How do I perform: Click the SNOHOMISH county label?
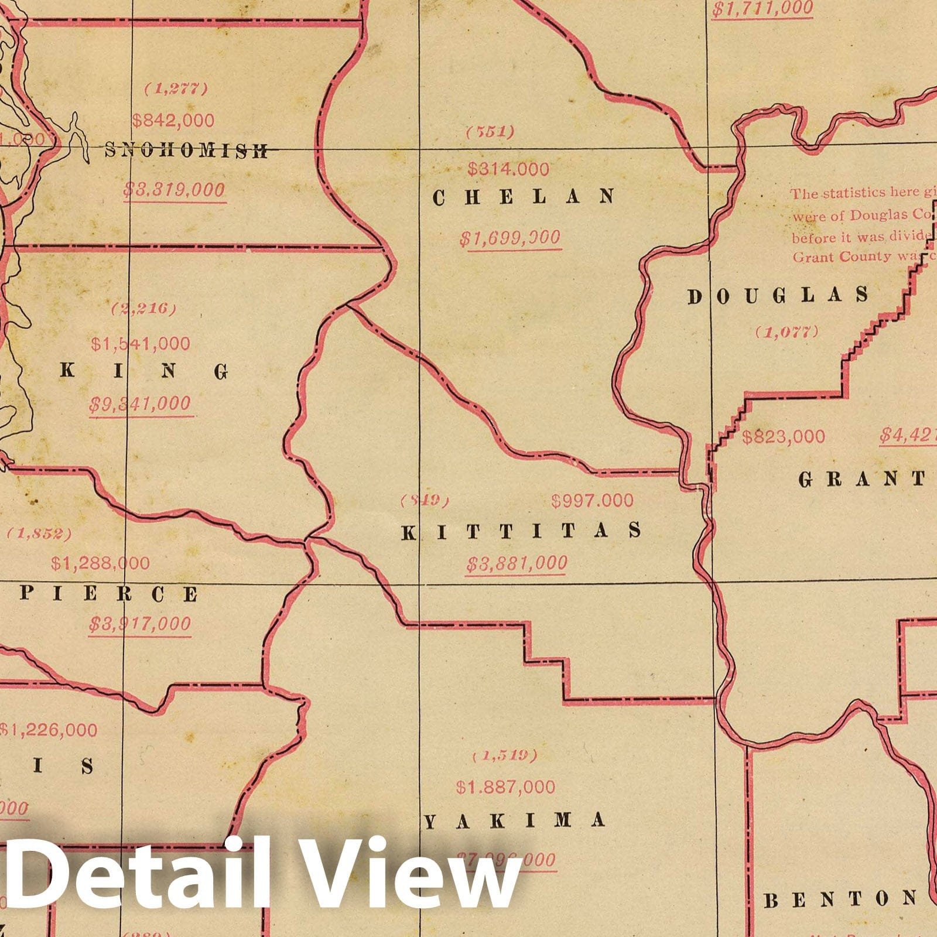coord(186,151)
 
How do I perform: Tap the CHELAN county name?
coord(524,197)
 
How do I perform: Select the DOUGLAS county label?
coord(778,296)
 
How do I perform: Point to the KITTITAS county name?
coord(521,531)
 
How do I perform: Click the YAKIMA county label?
coord(514,821)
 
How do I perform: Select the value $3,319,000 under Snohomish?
coord(174,190)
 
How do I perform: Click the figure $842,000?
coord(173,121)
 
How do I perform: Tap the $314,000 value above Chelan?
coord(508,169)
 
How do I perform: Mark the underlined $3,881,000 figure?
coord(517,563)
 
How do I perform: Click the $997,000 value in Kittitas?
coord(592,501)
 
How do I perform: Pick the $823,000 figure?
coord(784,437)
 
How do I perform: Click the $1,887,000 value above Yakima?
coord(505,787)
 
